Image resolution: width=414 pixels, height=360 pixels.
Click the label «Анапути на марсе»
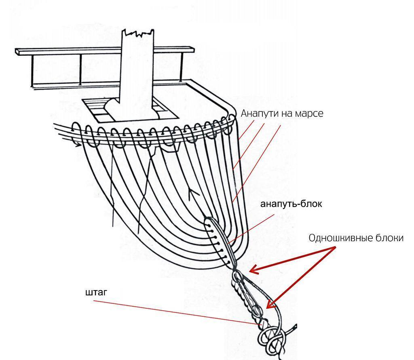(282, 114)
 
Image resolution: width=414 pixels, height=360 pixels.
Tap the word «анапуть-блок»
(291, 204)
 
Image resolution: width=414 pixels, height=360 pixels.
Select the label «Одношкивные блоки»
(356, 238)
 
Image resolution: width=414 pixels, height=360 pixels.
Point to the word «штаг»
(96, 292)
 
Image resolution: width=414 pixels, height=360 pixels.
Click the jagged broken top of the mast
(138, 32)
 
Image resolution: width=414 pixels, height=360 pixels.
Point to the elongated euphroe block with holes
(220, 242)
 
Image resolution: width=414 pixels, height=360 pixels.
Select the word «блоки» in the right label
(390, 238)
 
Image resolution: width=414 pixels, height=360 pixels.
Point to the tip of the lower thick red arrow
(266, 308)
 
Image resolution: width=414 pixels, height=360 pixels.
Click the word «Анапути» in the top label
(259, 114)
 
